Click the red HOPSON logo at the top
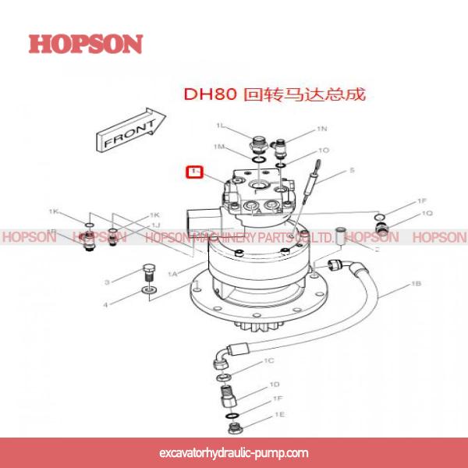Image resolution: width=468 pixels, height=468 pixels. (86, 44)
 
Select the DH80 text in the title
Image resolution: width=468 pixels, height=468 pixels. (202, 94)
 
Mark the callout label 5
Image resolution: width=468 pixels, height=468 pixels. (352, 170)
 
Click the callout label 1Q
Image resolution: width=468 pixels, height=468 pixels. (427, 213)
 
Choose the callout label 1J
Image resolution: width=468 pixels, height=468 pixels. (155, 225)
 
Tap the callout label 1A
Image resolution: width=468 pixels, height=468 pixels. (173, 274)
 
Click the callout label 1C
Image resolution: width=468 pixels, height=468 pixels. (269, 361)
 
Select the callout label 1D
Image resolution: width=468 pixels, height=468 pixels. (275, 385)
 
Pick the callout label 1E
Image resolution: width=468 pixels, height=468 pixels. (278, 415)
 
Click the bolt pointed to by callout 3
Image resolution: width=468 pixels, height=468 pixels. (149, 274)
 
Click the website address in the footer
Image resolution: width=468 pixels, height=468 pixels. (233, 453)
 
